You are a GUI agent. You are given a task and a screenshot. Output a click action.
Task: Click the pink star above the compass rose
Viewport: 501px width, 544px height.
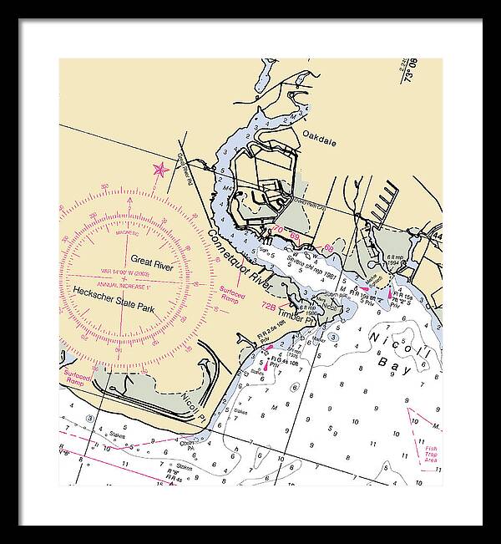[159, 170]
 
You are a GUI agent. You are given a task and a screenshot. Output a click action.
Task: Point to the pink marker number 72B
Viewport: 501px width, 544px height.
[269, 307]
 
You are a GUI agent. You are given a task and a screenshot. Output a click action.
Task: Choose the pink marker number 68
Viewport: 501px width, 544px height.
[328, 247]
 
